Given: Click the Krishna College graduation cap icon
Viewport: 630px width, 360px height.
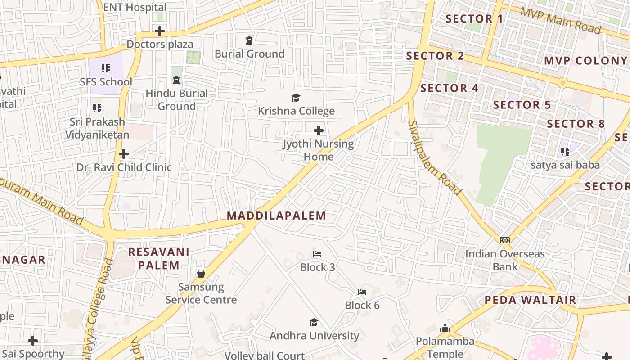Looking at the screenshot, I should click(x=296, y=98).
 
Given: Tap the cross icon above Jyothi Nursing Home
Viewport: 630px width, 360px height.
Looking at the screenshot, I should click(x=319, y=130).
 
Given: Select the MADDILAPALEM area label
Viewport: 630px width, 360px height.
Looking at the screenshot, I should click(x=276, y=216).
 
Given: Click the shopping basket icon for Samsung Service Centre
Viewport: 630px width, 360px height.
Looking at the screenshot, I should click(x=201, y=274).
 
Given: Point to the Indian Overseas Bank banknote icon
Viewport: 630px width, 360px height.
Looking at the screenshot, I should click(x=505, y=240).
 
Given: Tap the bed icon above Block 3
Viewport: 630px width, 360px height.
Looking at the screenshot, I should click(x=317, y=254).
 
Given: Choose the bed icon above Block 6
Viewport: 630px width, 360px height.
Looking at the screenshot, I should click(x=362, y=292).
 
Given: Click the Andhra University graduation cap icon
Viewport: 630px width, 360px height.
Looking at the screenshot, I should click(x=314, y=322).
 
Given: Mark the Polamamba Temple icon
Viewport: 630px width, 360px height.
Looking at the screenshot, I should click(x=445, y=328).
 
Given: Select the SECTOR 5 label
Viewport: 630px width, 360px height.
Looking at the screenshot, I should click(x=522, y=105).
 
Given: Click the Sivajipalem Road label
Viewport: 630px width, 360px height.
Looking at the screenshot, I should click(x=434, y=157).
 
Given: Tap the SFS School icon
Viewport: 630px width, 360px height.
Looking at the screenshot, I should click(x=106, y=68).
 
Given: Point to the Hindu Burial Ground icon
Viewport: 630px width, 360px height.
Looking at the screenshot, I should click(x=176, y=80).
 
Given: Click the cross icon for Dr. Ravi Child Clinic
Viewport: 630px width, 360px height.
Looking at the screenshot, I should click(x=124, y=154).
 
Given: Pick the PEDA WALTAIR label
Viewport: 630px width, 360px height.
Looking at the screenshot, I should click(x=530, y=300).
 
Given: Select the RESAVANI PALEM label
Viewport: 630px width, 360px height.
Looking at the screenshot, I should click(x=159, y=258).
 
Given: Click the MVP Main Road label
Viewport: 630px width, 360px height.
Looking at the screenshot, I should click(x=561, y=20).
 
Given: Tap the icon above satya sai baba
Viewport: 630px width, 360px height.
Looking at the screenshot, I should click(x=565, y=152).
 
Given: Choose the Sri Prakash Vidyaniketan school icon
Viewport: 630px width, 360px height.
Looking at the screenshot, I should click(x=97, y=108).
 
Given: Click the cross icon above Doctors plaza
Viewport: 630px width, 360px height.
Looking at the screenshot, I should click(x=159, y=31).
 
